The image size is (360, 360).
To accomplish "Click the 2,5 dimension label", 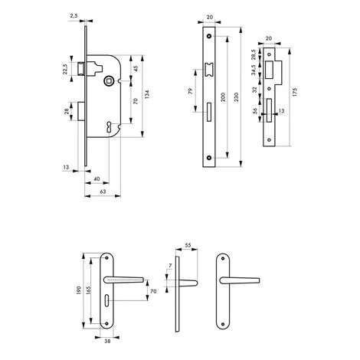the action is (74, 16).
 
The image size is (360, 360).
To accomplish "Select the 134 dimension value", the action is (147, 94).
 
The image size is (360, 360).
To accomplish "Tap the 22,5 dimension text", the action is (65, 69).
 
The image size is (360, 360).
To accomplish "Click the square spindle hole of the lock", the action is (107, 81).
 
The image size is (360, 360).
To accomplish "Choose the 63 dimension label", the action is (103, 191).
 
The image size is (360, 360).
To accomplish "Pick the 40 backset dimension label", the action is (97, 179).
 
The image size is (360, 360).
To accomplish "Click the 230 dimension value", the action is (236, 97).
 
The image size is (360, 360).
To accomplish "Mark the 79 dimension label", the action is (191, 91).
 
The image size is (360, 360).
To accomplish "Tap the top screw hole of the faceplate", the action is (210, 36).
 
